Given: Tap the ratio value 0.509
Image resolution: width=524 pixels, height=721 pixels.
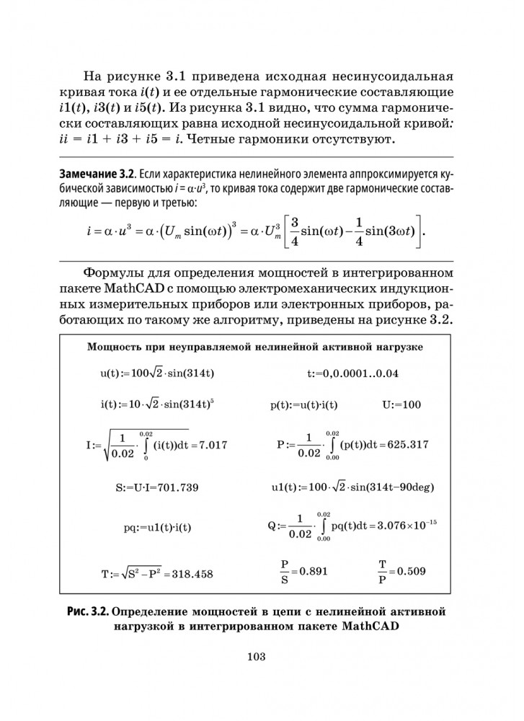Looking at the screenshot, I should click(x=411, y=571).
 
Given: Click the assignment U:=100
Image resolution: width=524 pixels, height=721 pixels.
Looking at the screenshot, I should click(x=401, y=405).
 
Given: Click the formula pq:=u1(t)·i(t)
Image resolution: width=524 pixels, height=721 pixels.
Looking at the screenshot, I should click(x=157, y=527).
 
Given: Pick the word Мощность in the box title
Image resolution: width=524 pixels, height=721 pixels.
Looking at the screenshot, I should click(x=114, y=347).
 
